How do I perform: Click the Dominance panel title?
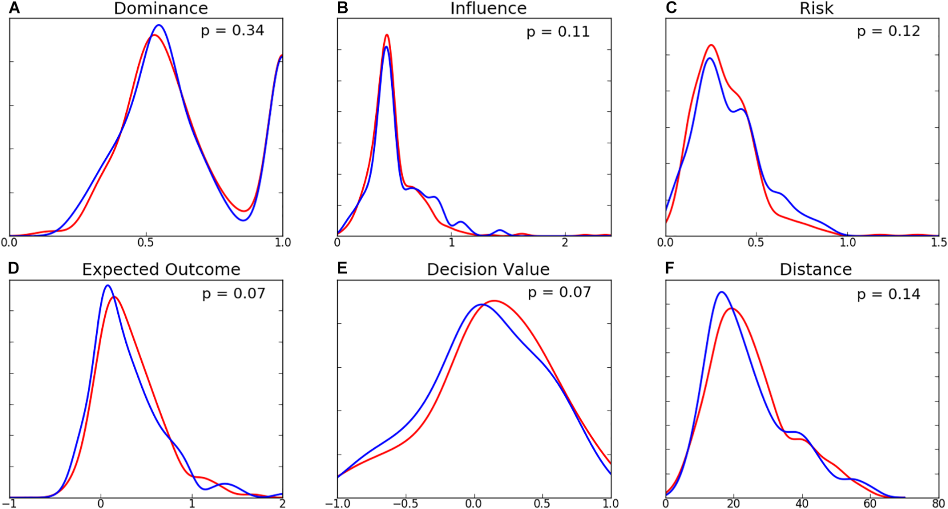[x=161, y=8]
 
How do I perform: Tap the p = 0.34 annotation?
[x=232, y=31]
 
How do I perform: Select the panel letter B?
[x=342, y=7]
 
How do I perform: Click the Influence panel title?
[x=488, y=8]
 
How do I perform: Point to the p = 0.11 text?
[x=558, y=32]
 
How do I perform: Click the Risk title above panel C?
[x=816, y=8]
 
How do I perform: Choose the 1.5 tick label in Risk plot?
[x=938, y=243]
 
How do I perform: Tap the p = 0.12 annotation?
[x=888, y=31]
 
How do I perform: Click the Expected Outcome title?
[x=161, y=269]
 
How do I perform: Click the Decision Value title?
[x=488, y=269]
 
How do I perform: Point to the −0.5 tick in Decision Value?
[x=405, y=504]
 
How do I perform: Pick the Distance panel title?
[x=816, y=269]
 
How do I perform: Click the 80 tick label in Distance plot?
[x=938, y=504]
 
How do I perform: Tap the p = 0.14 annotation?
[x=888, y=294]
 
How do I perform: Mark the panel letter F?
[x=670, y=268]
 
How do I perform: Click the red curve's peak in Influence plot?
[x=387, y=35]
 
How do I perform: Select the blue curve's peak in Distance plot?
[x=720, y=292]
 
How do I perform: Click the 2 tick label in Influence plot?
[x=565, y=243]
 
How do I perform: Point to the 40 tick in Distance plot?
[x=802, y=504]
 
